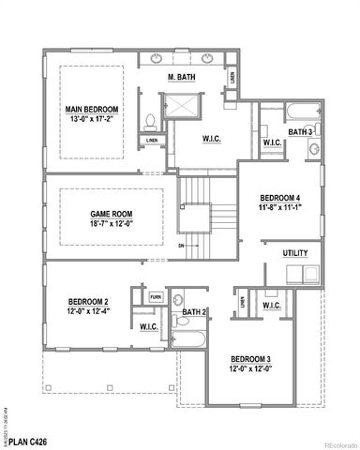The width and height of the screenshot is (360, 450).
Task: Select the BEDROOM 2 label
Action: pos(85,301)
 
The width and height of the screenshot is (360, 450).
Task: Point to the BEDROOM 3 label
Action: pos(251,360)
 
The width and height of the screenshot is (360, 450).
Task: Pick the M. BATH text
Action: pos(181,75)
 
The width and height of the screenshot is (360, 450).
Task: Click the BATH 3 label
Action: pos(300,132)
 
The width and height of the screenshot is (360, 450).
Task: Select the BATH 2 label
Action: pos(194,312)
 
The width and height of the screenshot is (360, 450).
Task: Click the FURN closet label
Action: pos(156,296)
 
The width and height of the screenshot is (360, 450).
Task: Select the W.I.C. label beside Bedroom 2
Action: pos(148,326)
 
